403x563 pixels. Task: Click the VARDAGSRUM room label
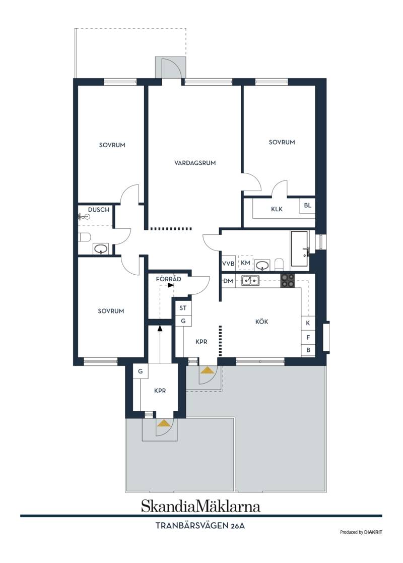pyautogui.click(x=195, y=163)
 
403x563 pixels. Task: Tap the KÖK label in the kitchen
pyautogui.click(x=261, y=322)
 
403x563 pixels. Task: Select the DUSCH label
pyautogui.click(x=99, y=210)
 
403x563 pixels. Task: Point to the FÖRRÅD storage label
pyautogui.click(x=168, y=279)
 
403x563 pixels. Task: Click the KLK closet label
pyautogui.click(x=277, y=209)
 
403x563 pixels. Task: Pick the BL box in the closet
pyautogui.click(x=308, y=206)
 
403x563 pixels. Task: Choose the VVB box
pyautogui.click(x=228, y=264)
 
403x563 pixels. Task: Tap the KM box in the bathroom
pyautogui.click(x=245, y=263)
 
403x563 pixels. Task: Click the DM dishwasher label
pyautogui.click(x=228, y=281)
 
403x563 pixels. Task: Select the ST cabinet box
pyautogui.click(x=183, y=308)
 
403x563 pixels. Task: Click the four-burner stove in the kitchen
pyautogui.click(x=288, y=281)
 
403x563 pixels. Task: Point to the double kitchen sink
pyautogui.click(x=250, y=280)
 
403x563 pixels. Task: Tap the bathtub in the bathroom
pyautogui.click(x=300, y=249)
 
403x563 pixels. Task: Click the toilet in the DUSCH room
pyautogui.click(x=84, y=237)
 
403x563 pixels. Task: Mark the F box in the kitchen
pyautogui.click(x=308, y=338)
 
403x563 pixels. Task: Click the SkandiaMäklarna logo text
pyautogui.click(x=200, y=506)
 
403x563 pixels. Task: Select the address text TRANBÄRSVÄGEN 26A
pyautogui.click(x=200, y=526)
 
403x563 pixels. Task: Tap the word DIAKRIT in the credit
pyautogui.click(x=373, y=532)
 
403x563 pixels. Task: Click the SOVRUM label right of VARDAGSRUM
pyautogui.click(x=282, y=142)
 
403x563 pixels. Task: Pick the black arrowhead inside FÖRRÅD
pyautogui.click(x=170, y=285)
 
